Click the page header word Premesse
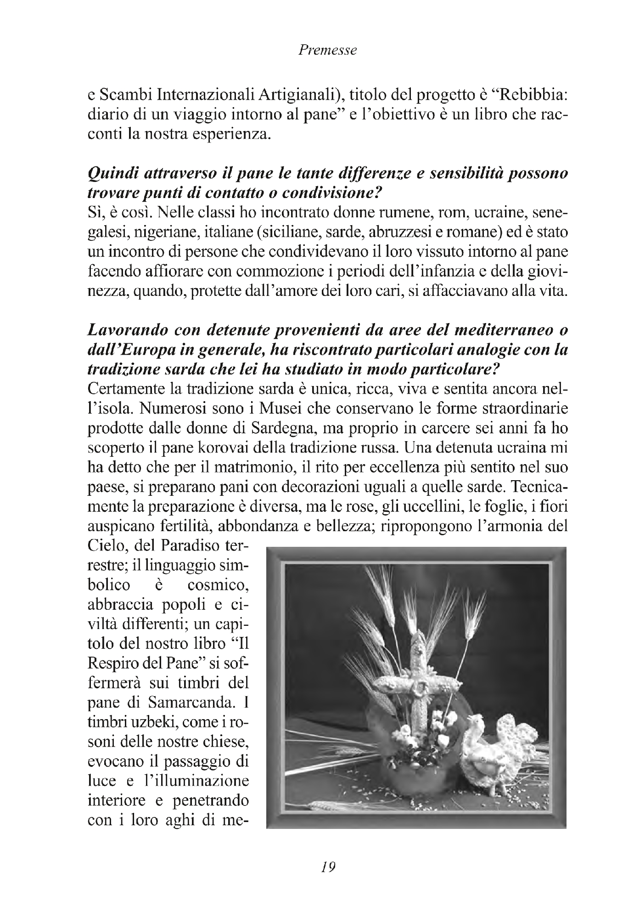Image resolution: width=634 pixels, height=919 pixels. pyautogui.click(x=327, y=50)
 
